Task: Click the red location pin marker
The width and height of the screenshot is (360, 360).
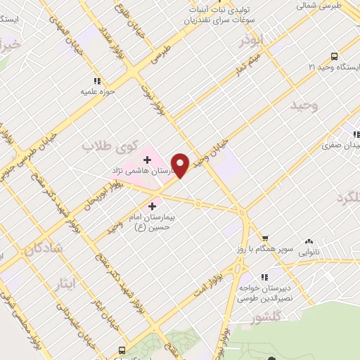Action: [181, 165]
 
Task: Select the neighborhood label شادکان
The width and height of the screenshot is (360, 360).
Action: [44, 249]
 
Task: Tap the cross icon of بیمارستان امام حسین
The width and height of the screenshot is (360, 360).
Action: [153, 206]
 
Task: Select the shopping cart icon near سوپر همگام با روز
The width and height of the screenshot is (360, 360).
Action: [265, 238]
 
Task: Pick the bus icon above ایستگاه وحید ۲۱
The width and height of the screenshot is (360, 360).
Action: [333, 56]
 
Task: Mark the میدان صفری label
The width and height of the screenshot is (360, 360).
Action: [340, 146]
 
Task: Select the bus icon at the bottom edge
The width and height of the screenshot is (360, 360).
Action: [123, 350]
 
